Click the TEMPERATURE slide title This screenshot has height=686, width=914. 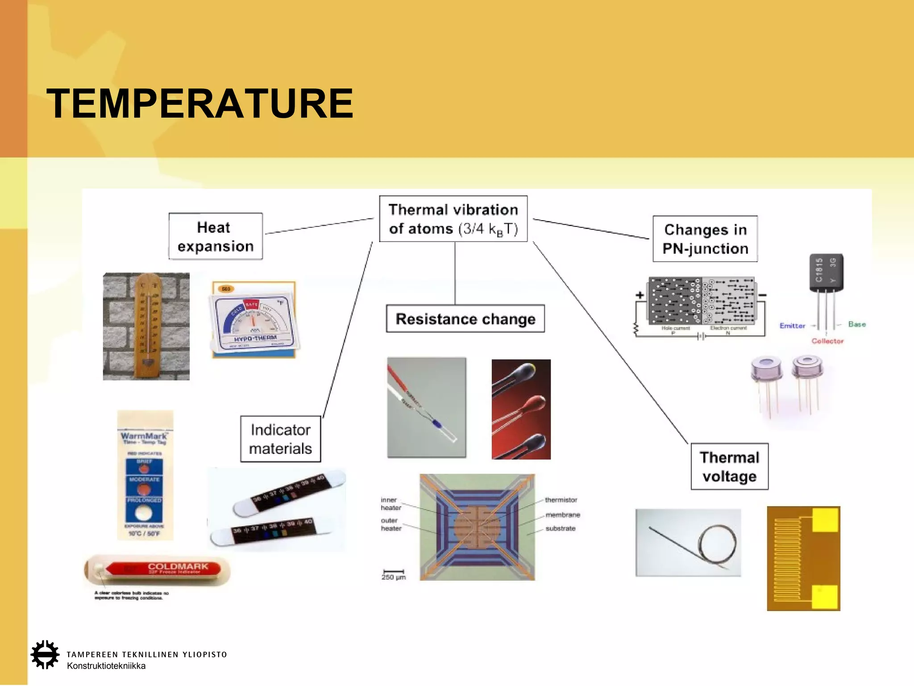pyautogui.click(x=200, y=104)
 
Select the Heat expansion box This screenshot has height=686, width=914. pyautogui.click(x=216, y=236)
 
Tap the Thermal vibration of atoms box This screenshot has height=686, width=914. pyautogui.click(x=453, y=219)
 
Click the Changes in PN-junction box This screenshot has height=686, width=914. pyautogui.click(x=705, y=239)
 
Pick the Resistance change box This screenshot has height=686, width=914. pyautogui.click(x=465, y=319)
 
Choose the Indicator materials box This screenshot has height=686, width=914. pyautogui.click(x=280, y=439)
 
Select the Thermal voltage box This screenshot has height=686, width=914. pyautogui.click(x=729, y=467)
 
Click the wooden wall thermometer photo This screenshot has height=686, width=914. pyautogui.click(x=146, y=326)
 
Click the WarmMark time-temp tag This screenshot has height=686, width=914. pyautogui.click(x=145, y=475)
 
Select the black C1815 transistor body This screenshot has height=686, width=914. pyautogui.click(x=826, y=272)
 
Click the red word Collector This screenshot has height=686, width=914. pyautogui.click(x=827, y=341)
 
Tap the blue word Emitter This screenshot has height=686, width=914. pyautogui.click(x=792, y=326)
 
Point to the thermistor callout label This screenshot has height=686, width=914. pyautogui.click(x=561, y=500)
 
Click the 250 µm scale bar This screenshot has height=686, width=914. pyautogui.click(x=394, y=572)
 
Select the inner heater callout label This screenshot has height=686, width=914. pyautogui.click(x=391, y=504)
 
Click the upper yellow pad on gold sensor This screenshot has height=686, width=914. pyautogui.click(x=825, y=520)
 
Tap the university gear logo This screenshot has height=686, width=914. pyautogui.click(x=45, y=655)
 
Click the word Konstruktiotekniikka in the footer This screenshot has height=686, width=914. pyautogui.click(x=106, y=666)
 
